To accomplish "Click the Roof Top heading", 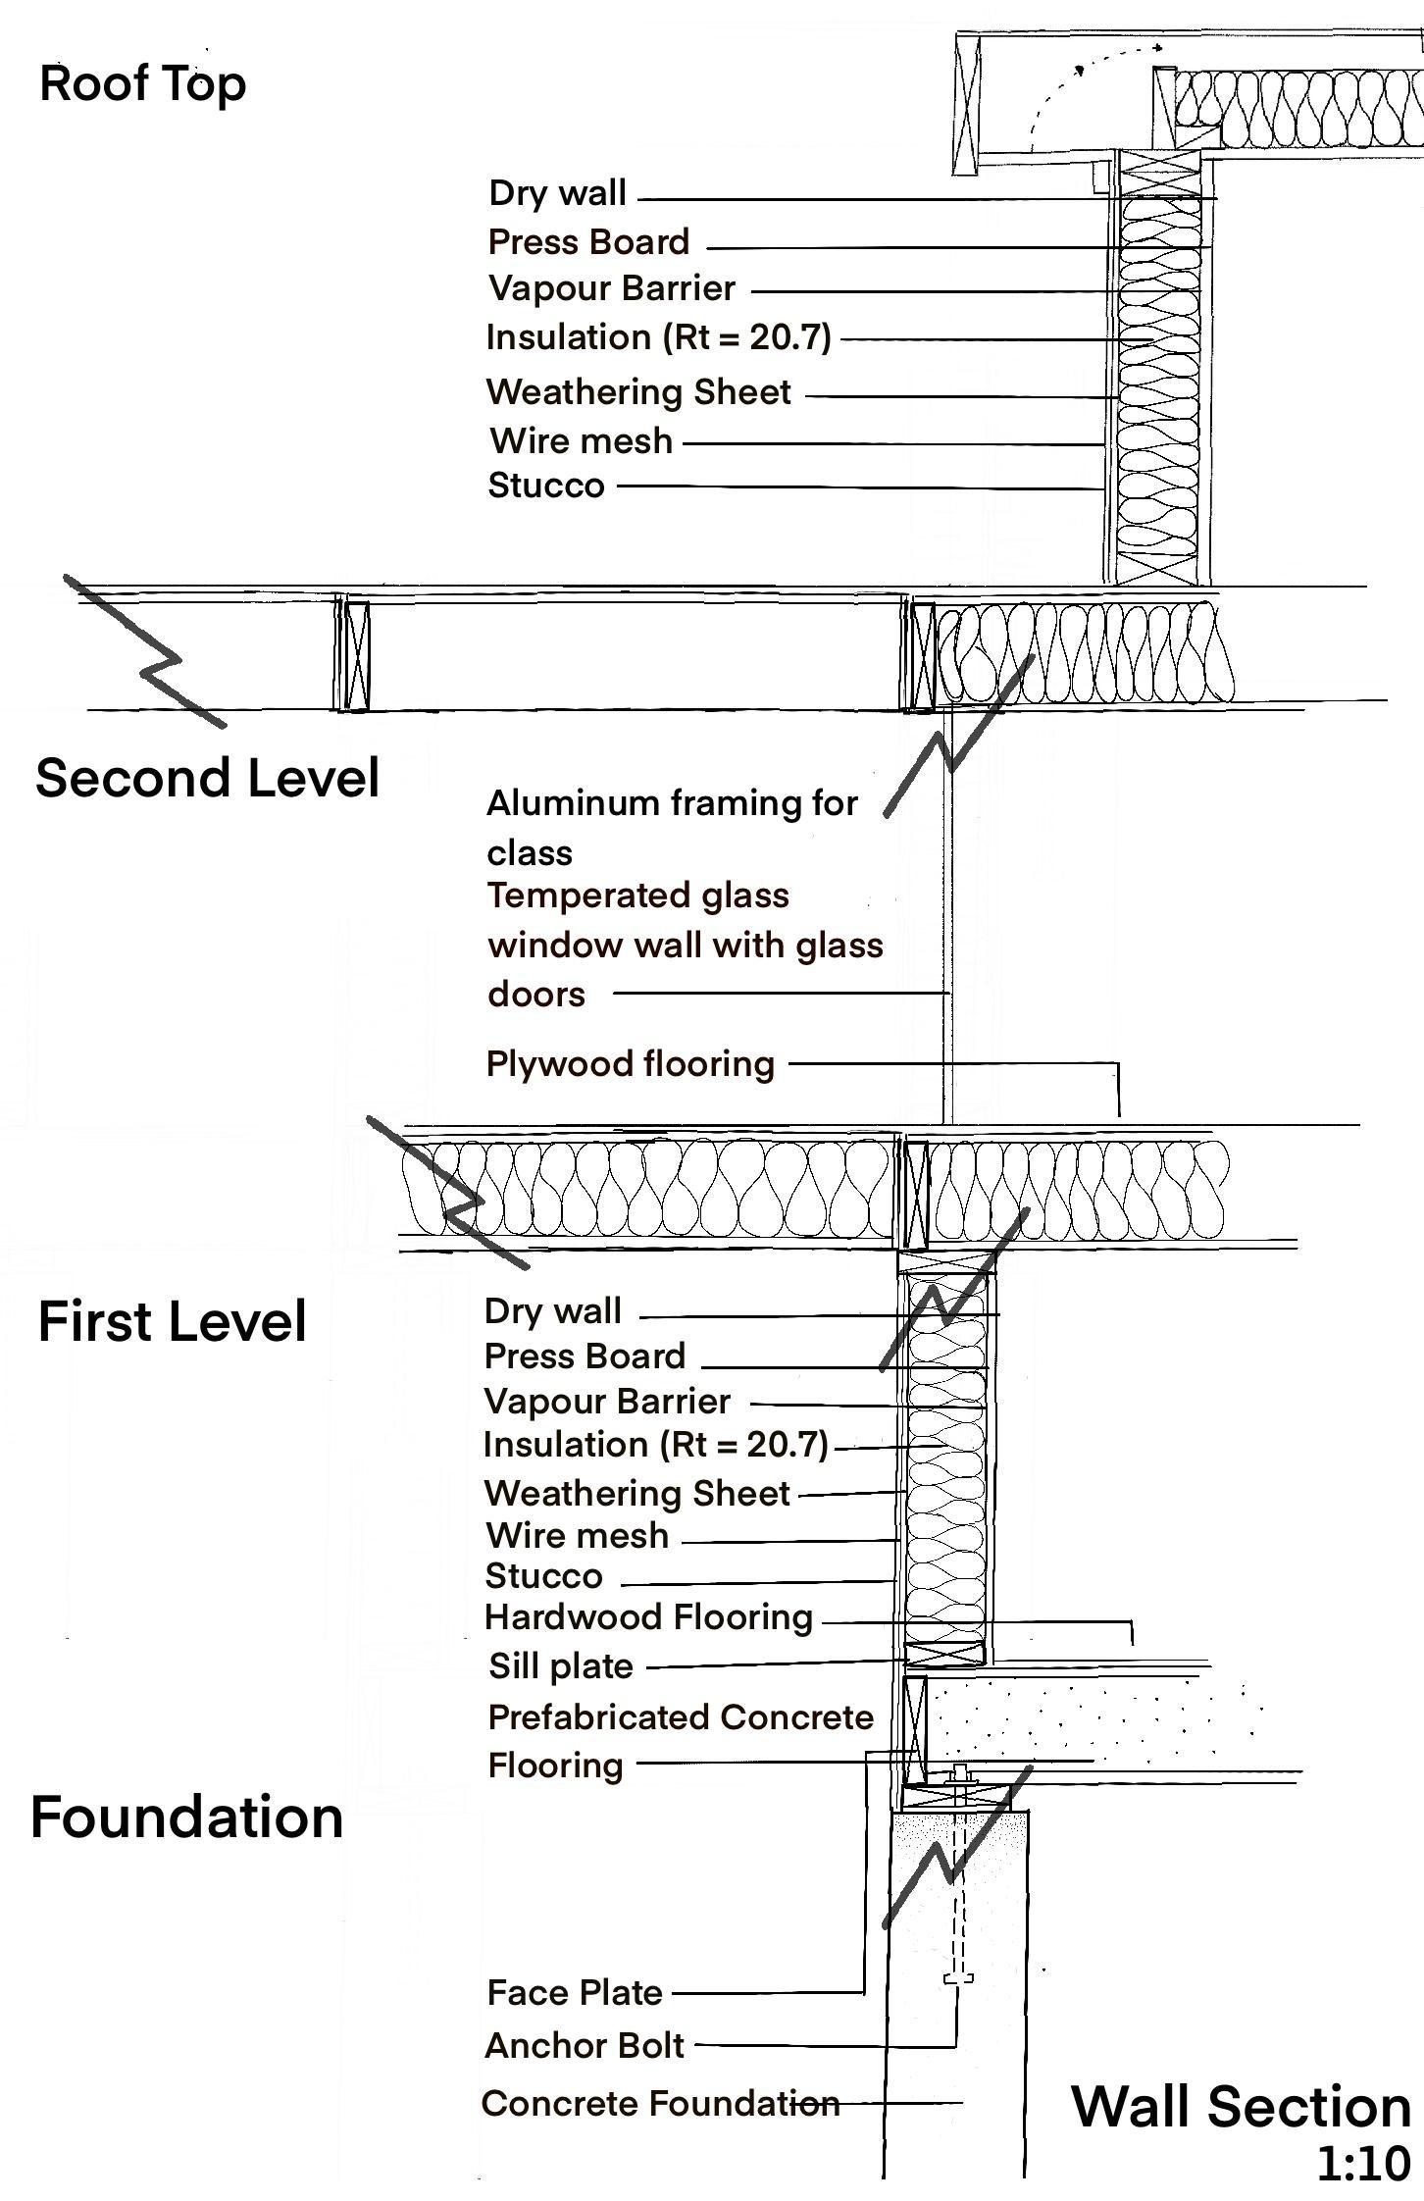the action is tap(142, 85).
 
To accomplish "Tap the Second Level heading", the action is tap(207, 778).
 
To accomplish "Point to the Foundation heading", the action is tap(186, 1817).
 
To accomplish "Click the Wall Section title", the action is tap(1241, 2106).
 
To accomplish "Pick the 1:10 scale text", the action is tap(1363, 2165).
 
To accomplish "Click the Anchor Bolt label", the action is tap(585, 2045).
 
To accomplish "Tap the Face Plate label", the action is tap(575, 1992).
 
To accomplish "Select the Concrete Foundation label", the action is tap(661, 2102).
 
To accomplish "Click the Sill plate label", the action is tap(561, 1665).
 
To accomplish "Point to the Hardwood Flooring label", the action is tap(649, 1616).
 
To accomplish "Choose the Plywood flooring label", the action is tap(631, 1064).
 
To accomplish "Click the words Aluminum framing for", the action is tap(672, 803).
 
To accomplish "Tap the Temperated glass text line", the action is tap(638, 896).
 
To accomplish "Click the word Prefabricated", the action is tap(599, 1716).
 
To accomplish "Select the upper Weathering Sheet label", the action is tap(638, 391).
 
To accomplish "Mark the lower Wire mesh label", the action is tap(577, 1535).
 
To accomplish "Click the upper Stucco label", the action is tap(546, 486).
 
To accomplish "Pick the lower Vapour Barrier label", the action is tap(607, 1402).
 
